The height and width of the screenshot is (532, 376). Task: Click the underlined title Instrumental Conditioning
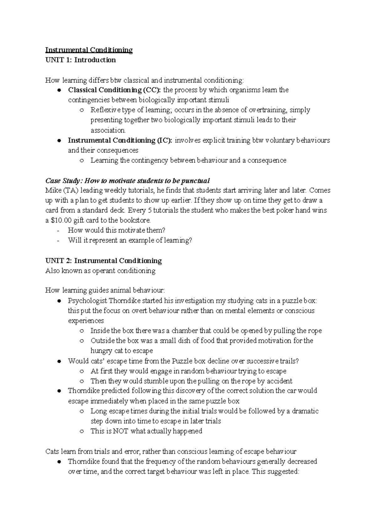tap(89, 50)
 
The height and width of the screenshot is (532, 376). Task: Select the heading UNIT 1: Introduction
tap(81, 60)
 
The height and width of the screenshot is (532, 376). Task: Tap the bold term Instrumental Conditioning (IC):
tap(120, 140)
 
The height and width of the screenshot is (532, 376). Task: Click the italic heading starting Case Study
tap(128, 181)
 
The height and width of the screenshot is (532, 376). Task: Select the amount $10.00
tap(59, 220)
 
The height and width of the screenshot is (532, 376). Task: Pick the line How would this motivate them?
tap(117, 230)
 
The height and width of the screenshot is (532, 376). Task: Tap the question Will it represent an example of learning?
tap(130, 240)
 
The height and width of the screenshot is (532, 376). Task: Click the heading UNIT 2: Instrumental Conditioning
tap(104, 261)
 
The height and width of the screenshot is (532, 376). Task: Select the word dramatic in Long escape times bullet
tap(305, 411)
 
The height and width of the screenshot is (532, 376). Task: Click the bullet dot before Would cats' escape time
tap(59, 361)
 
